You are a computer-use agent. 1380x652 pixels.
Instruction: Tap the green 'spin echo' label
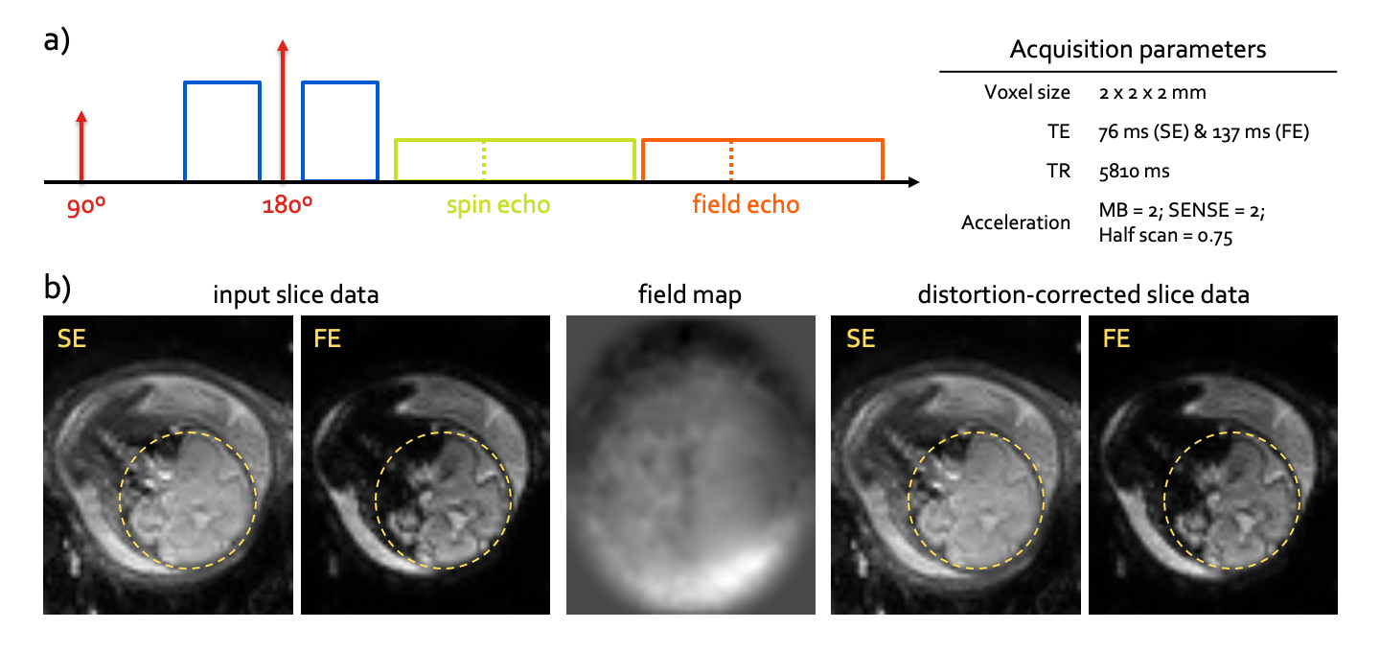coord(498,204)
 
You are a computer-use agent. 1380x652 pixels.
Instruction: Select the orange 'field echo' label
coord(746,204)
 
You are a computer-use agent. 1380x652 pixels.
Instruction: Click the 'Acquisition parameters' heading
coord(1138,50)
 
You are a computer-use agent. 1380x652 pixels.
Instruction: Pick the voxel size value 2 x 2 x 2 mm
coord(1153,94)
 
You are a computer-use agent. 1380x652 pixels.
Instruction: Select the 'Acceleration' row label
coord(1016,222)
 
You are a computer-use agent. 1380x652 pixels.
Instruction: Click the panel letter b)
coord(59,289)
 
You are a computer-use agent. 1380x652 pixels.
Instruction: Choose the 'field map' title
coord(691,295)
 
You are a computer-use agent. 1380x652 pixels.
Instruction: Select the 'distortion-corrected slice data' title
coord(1084,295)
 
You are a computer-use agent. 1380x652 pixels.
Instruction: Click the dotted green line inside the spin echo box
coord(485,161)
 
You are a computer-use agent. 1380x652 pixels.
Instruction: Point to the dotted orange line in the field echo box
coord(732,161)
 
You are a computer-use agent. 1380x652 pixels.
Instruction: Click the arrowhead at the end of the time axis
coord(913,181)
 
